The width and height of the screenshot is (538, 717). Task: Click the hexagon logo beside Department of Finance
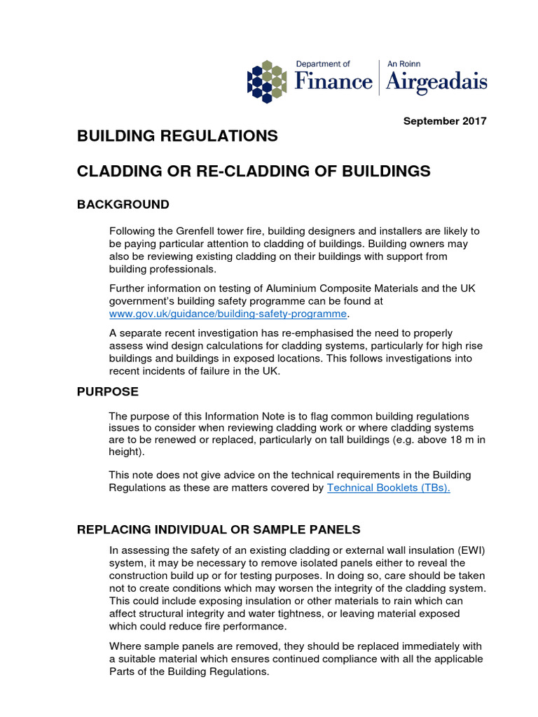267,81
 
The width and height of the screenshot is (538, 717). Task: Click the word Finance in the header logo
333,82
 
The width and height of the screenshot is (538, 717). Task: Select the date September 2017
445,121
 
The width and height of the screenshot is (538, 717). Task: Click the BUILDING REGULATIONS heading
177,136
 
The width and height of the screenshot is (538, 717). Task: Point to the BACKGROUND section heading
123,204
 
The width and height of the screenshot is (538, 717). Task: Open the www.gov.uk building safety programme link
228,313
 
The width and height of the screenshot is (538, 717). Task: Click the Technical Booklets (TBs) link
389,487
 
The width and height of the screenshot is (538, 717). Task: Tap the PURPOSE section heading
108,392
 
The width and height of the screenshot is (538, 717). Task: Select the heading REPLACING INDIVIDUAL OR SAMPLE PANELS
219,529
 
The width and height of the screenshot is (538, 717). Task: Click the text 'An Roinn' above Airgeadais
405,64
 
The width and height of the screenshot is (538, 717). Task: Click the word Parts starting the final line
124,671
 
